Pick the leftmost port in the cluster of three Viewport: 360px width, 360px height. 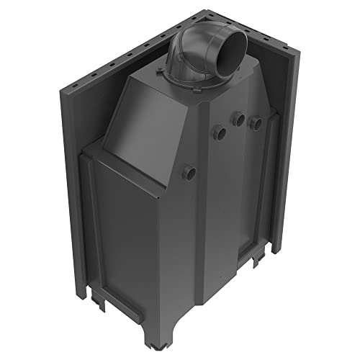point(217,131)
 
